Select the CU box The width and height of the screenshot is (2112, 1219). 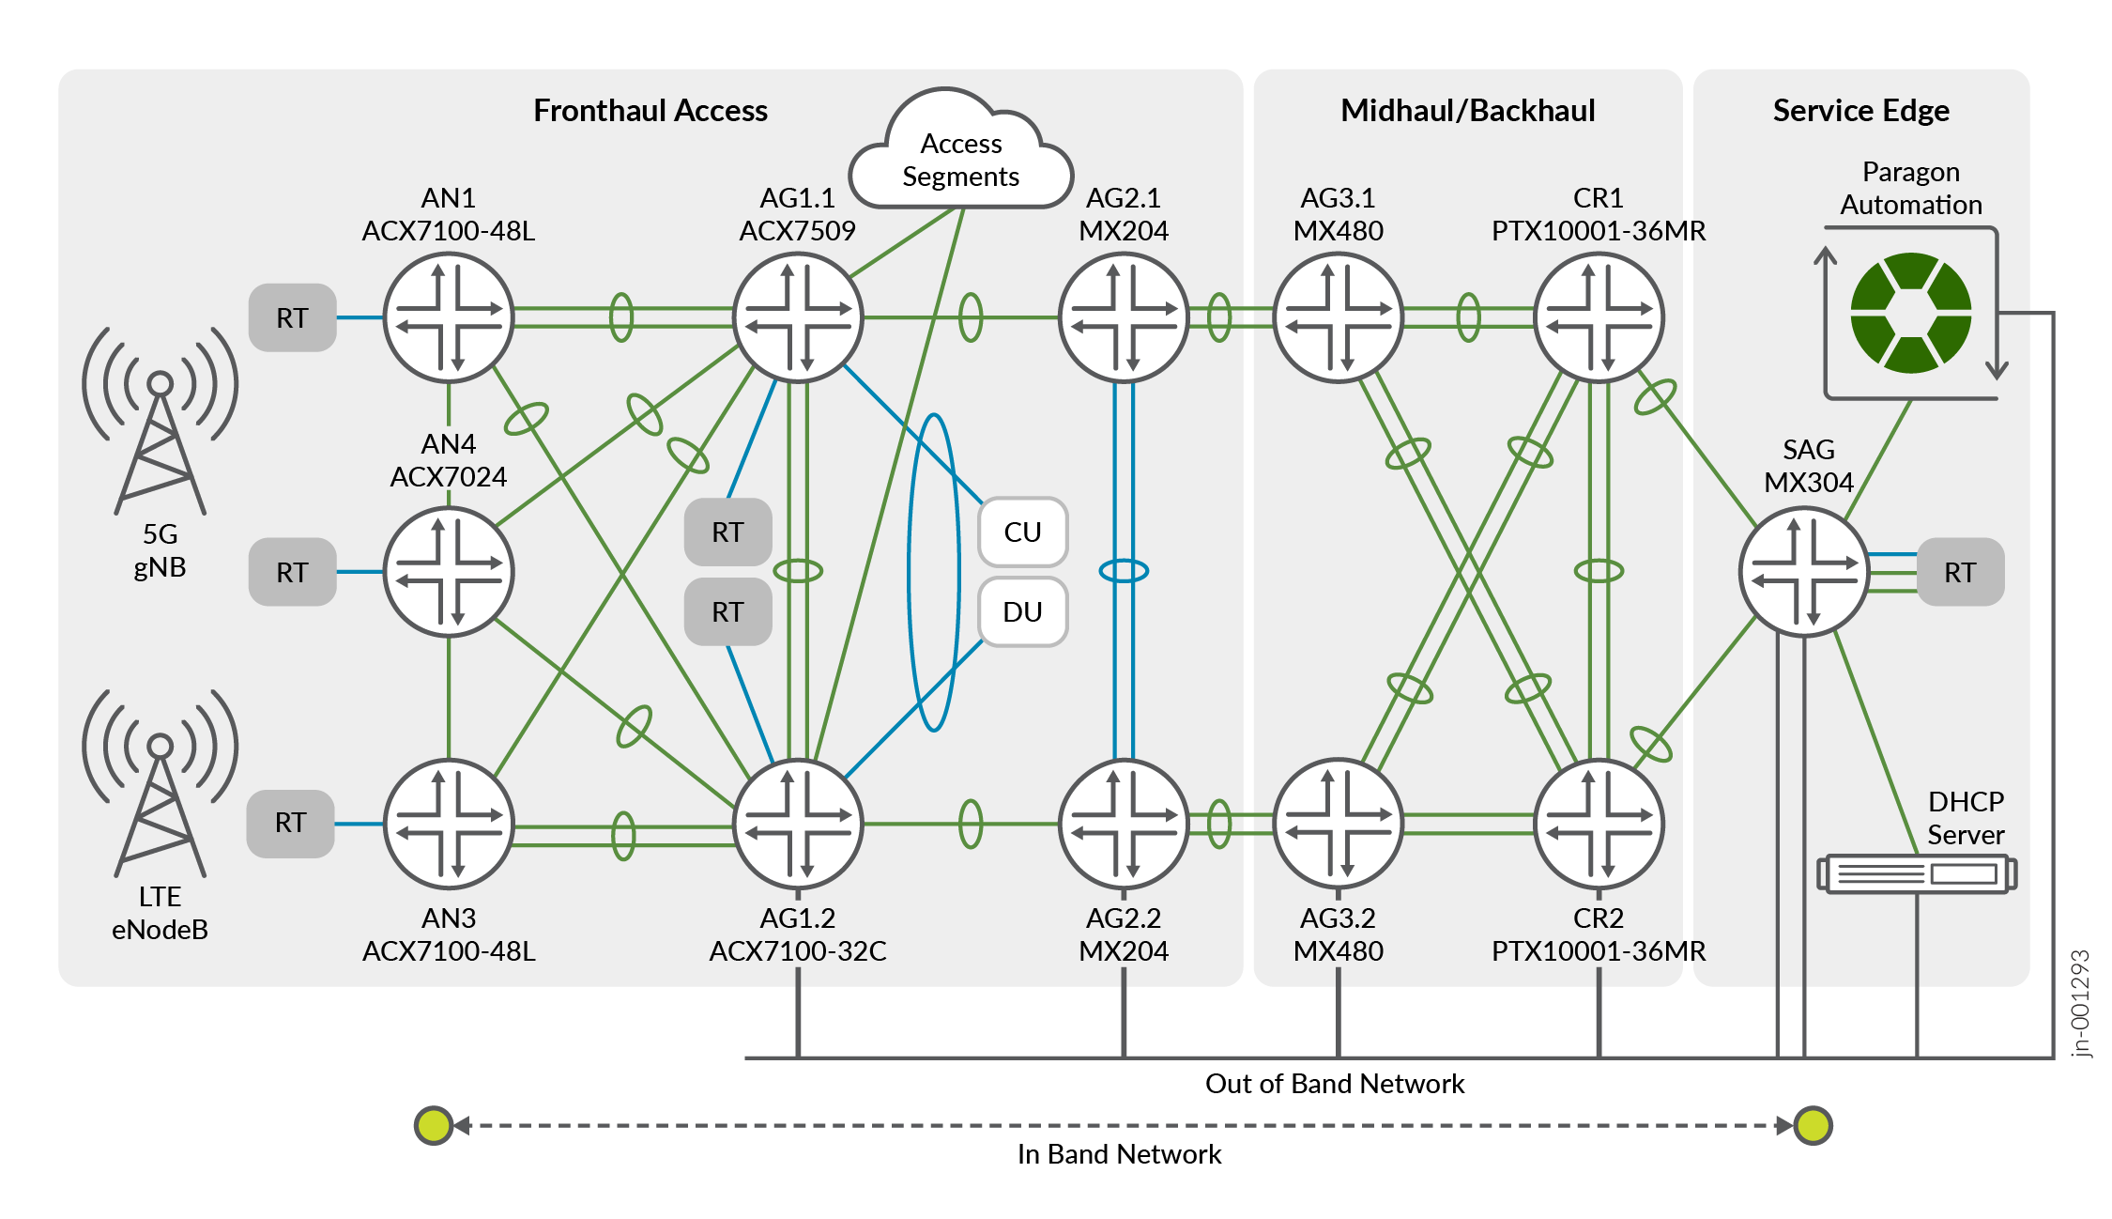coord(1022,532)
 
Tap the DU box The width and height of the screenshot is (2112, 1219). coord(1022,611)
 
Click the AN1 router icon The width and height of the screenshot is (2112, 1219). coord(449,317)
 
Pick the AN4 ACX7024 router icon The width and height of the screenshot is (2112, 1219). coord(449,571)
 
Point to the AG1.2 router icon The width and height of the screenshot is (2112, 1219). coord(798,824)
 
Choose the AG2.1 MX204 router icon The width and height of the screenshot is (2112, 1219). coord(1124,317)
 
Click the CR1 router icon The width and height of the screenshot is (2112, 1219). coord(1599,317)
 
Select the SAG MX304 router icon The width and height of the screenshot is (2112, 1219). coord(1804,571)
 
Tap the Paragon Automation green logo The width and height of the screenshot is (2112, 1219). coord(1910,313)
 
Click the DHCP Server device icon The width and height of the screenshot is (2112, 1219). coord(1917,873)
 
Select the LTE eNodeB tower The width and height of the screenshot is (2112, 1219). coord(161,783)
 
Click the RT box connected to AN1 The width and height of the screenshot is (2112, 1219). coord(292,317)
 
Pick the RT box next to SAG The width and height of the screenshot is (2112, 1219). coord(1960,571)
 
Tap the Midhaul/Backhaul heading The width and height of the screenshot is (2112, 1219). coord(1467,111)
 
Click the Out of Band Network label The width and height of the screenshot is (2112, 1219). coord(1334,1084)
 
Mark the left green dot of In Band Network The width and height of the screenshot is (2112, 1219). coord(434,1125)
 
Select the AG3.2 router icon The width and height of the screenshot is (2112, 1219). coord(1338,824)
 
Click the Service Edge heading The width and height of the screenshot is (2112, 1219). coord(1860,111)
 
